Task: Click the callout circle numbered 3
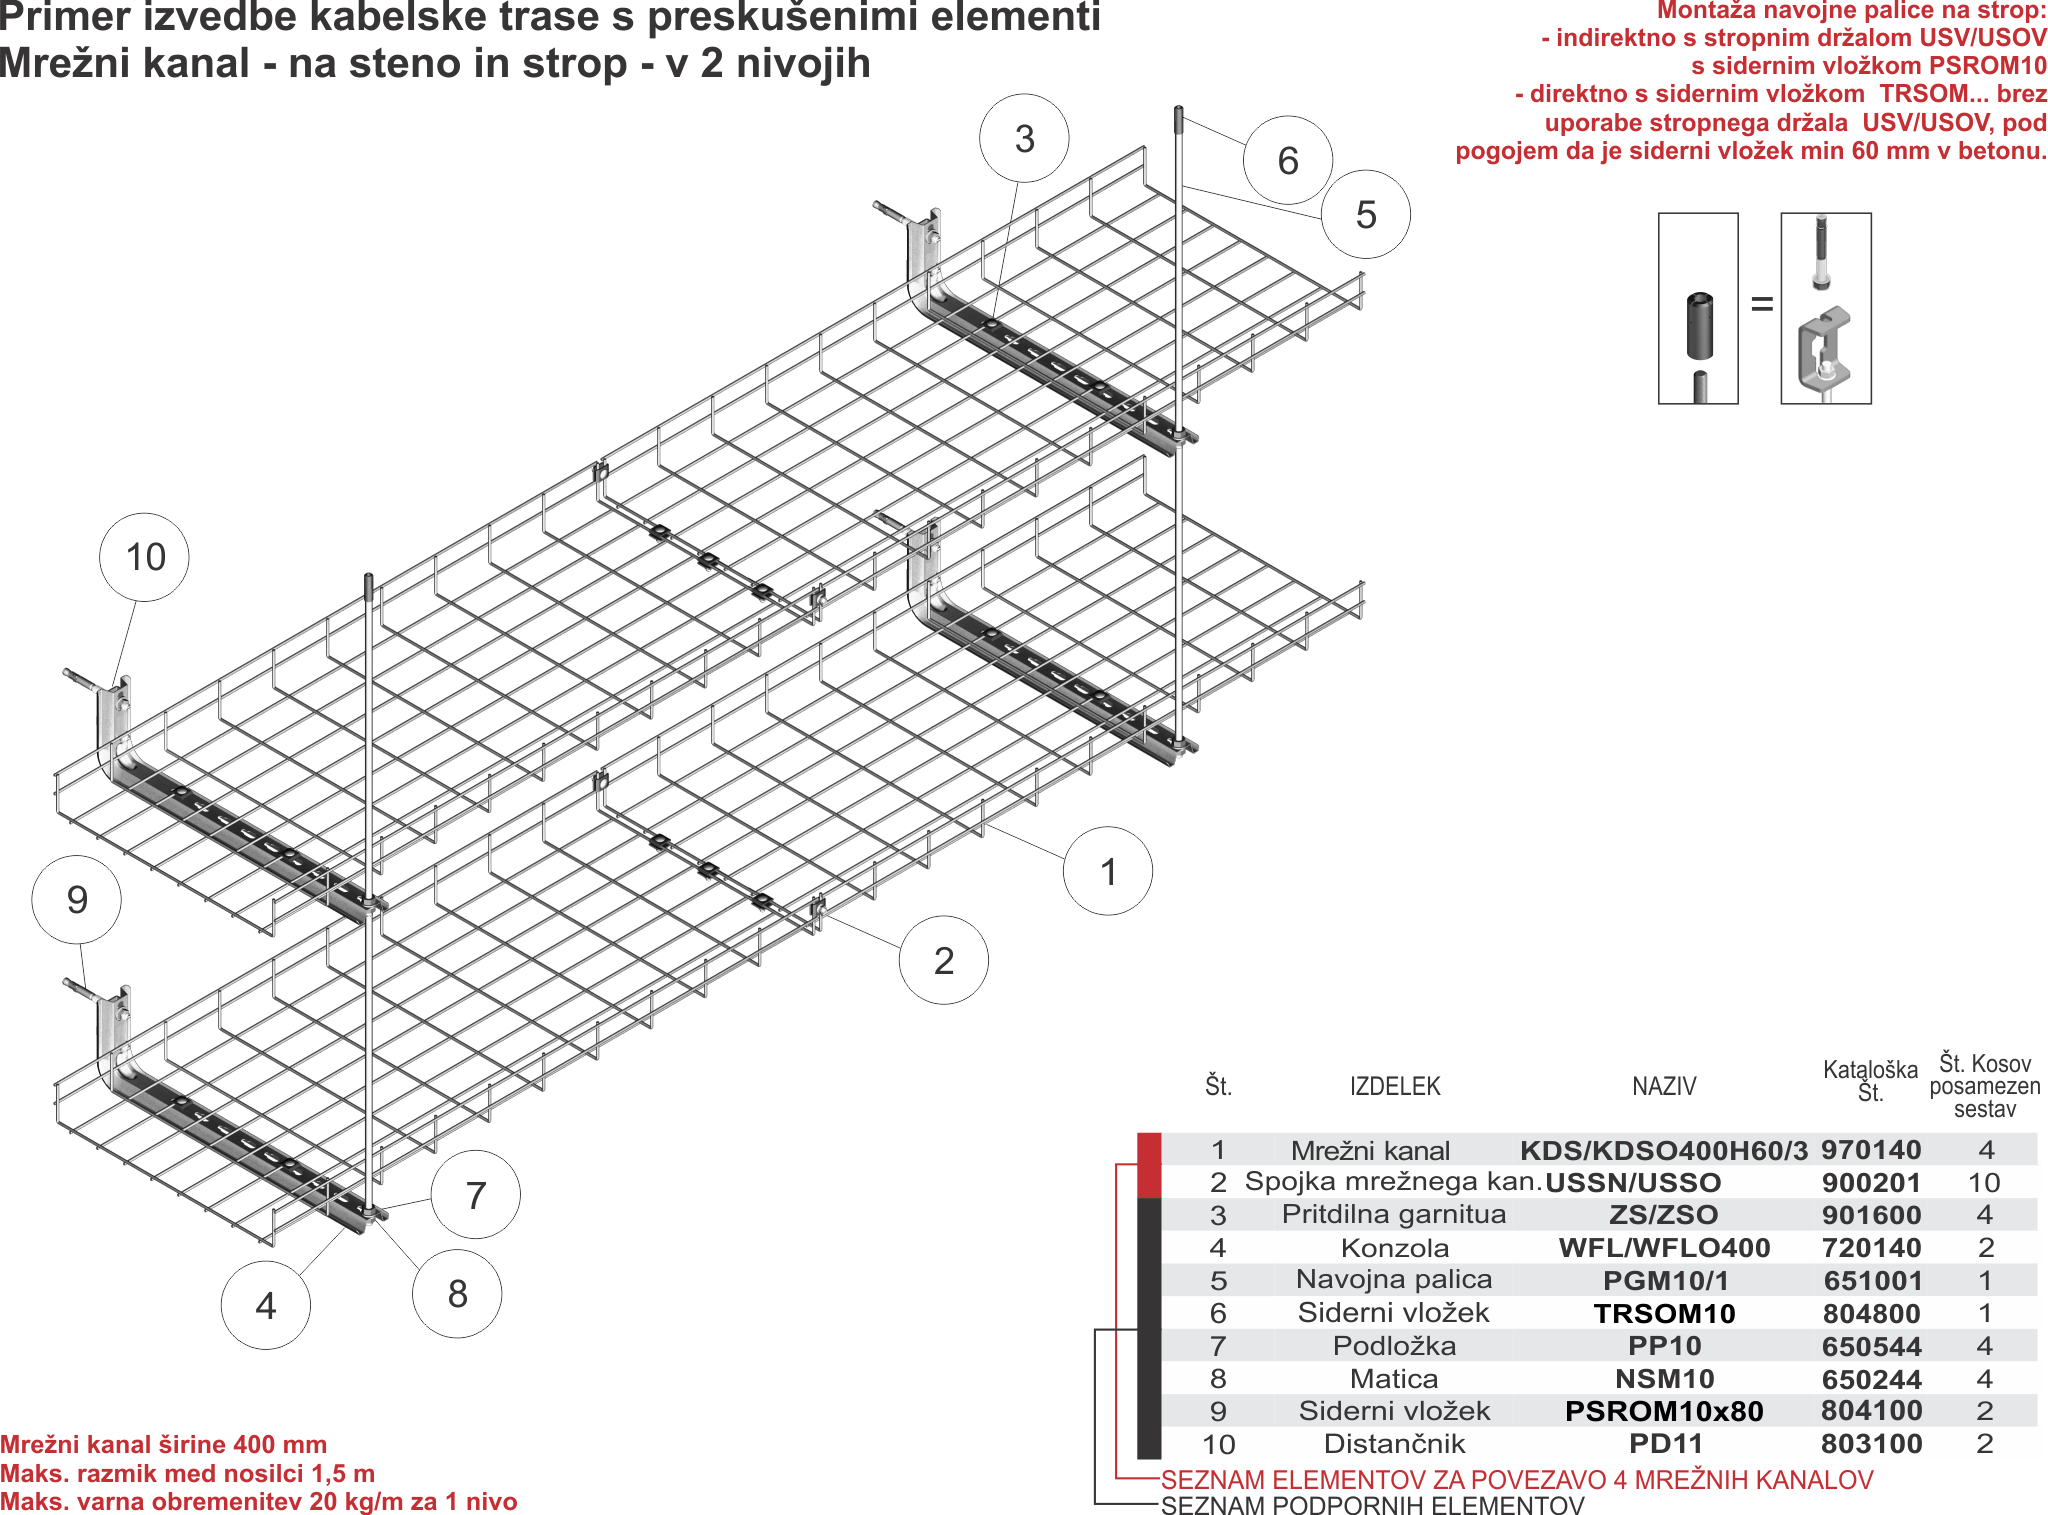(x=1024, y=139)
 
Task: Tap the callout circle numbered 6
(x=1288, y=161)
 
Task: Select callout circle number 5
(x=1366, y=214)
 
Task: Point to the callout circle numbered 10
(x=145, y=557)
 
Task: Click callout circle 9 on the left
(x=77, y=900)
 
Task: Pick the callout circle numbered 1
(x=1108, y=871)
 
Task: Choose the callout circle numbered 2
(x=944, y=961)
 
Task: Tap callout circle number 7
(x=476, y=1194)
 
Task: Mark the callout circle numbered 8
(x=457, y=1293)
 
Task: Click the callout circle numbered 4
(x=265, y=1305)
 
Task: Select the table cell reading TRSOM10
(x=1664, y=1314)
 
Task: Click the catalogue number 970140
(x=1871, y=1150)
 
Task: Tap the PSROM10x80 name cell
(x=1664, y=1411)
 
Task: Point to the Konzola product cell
(x=1394, y=1248)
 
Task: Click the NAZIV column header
(x=1664, y=1086)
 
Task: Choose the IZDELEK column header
(x=1395, y=1086)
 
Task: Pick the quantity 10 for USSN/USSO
(x=1984, y=1183)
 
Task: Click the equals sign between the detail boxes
(x=1761, y=304)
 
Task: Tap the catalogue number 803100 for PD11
(x=1871, y=1444)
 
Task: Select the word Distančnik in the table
(x=1394, y=1444)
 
